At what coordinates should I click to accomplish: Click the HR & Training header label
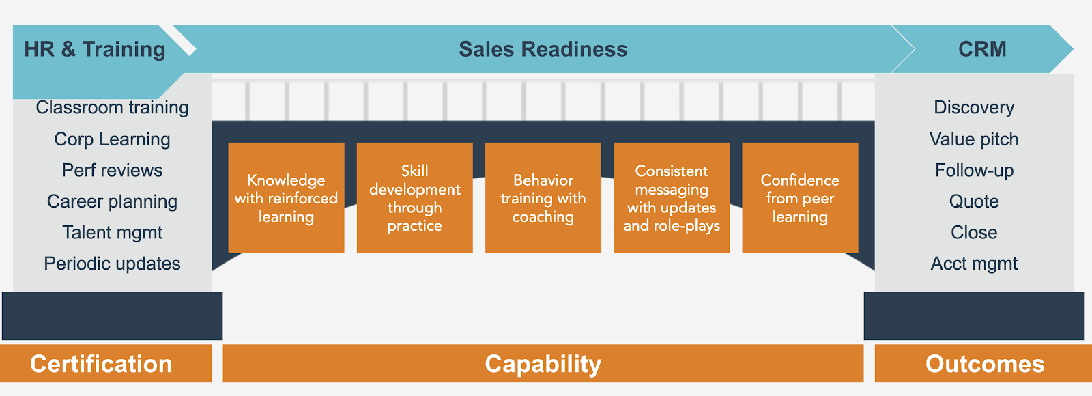click(95, 49)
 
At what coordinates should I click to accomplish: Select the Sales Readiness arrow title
click(543, 49)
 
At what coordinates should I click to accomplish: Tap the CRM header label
click(982, 49)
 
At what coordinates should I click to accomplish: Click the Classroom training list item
click(112, 108)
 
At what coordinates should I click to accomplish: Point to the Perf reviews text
click(112, 170)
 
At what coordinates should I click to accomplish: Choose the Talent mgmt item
click(112, 233)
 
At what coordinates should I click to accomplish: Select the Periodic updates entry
click(112, 264)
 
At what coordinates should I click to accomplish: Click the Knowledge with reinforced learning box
click(286, 197)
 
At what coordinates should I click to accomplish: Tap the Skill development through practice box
click(415, 197)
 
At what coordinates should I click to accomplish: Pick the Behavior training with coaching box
click(543, 197)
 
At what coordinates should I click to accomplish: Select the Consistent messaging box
click(672, 197)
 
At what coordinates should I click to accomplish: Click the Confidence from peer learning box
click(800, 197)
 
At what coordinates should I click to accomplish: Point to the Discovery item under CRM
click(974, 108)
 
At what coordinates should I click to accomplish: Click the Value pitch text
click(974, 139)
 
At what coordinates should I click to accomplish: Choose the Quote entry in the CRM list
click(974, 201)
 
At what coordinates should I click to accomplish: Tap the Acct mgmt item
click(974, 264)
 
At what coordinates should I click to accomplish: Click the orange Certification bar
click(106, 363)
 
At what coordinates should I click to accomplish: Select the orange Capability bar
click(543, 363)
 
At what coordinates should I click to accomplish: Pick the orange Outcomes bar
click(983, 363)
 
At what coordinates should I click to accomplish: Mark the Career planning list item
click(112, 201)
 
